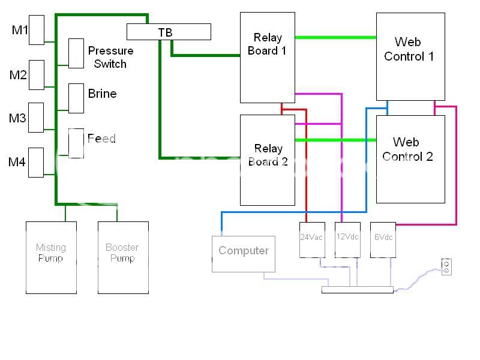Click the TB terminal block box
click(169, 32)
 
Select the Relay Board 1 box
click(268, 58)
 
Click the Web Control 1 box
click(410, 56)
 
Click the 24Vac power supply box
click(311, 240)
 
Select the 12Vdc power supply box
click(347, 240)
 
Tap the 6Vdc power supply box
click(383, 240)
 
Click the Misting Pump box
click(51, 257)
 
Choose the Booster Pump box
click(123, 257)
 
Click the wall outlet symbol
click(446, 266)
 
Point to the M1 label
click(20, 30)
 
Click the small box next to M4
click(36, 162)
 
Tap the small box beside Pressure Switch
click(76, 53)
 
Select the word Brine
click(102, 94)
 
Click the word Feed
click(101, 139)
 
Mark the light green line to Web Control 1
click(335, 38)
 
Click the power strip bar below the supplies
click(357, 290)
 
